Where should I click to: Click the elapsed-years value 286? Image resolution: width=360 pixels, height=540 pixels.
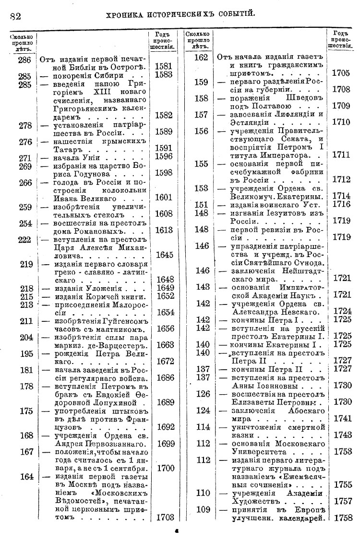pos(24,59)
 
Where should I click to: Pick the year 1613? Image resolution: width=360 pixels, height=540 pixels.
pos(164,230)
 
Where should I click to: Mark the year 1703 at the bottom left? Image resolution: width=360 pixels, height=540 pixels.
pos(164,517)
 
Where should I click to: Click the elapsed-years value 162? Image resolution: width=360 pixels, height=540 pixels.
pos(202,58)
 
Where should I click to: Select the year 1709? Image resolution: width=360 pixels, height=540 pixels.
pos(341,106)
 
